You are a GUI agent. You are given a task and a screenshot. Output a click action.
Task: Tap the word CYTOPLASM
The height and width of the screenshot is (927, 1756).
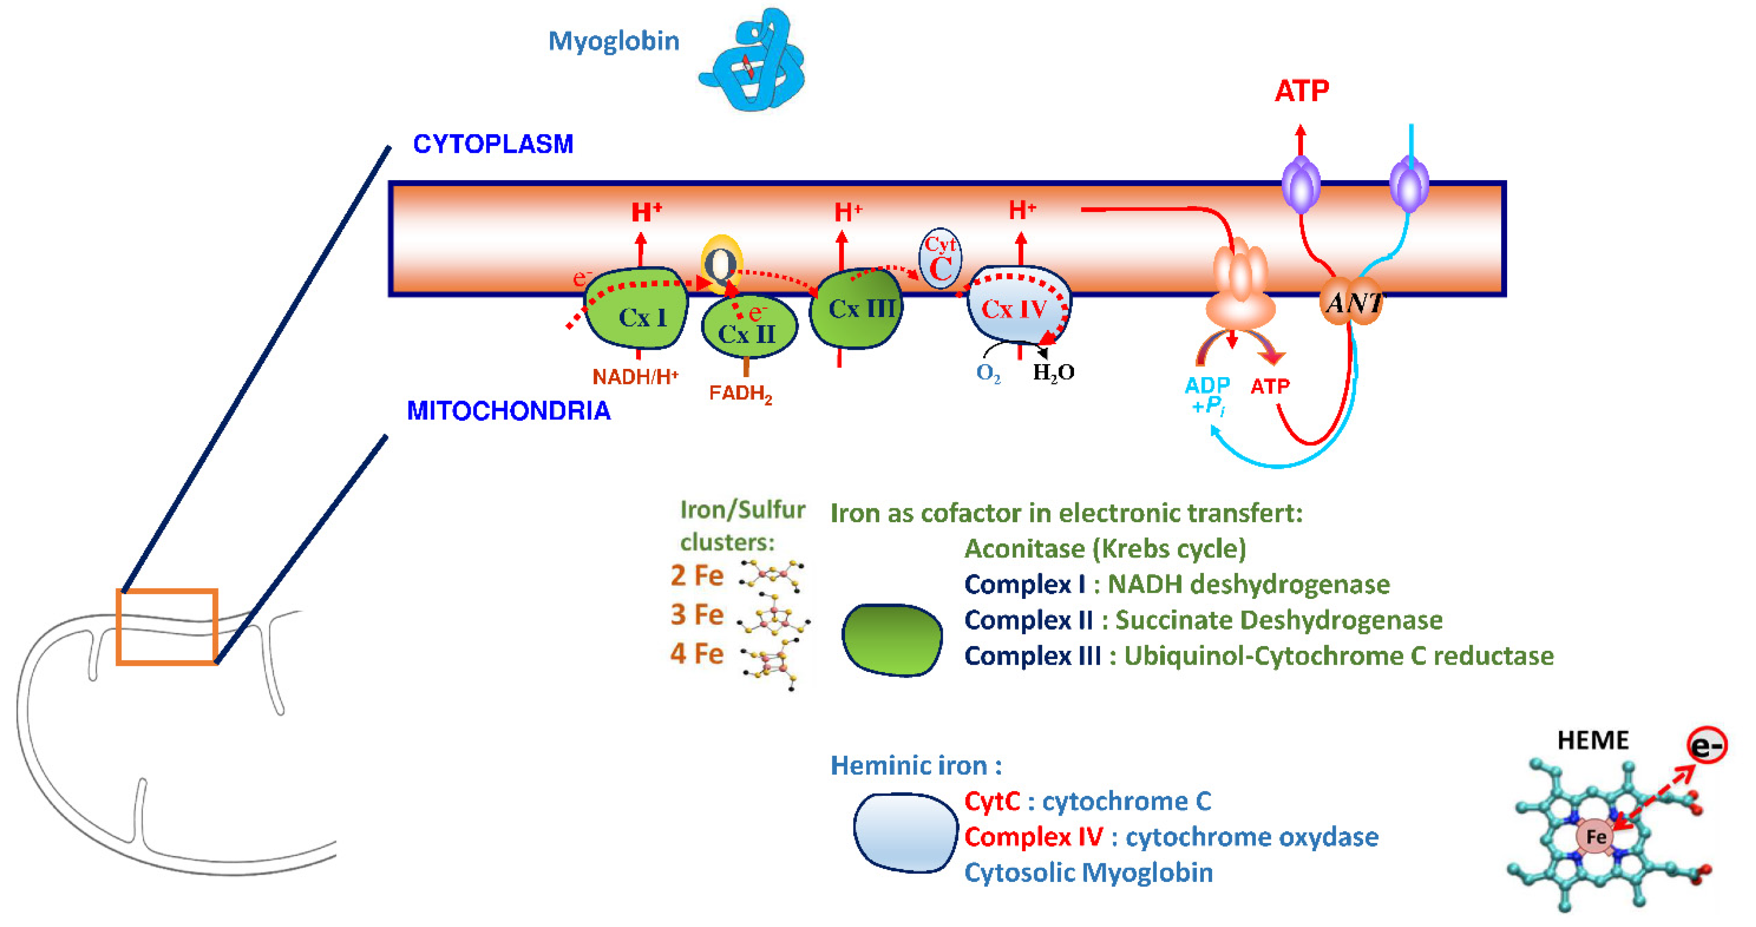[x=493, y=144]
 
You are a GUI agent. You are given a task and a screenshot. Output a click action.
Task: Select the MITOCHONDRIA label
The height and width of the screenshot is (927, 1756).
[x=508, y=410]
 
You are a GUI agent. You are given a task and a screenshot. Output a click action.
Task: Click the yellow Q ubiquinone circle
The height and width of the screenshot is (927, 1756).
[x=720, y=263]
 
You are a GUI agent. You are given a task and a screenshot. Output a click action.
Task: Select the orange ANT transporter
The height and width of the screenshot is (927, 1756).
[x=1352, y=301]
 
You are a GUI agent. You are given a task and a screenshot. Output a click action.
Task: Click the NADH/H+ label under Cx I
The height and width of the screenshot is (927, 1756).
[x=635, y=377]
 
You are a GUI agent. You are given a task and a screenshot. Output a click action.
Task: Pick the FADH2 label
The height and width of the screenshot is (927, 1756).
[x=740, y=394]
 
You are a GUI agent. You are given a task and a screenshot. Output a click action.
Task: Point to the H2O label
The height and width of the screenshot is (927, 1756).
[x=1053, y=372]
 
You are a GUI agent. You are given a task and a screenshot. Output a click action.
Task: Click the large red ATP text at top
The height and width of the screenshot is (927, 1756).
[x=1301, y=91]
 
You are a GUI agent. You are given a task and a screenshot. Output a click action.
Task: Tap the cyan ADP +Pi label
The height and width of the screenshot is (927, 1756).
[x=1207, y=395]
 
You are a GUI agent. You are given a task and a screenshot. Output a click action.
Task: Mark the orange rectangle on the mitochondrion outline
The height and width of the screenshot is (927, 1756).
[x=167, y=626]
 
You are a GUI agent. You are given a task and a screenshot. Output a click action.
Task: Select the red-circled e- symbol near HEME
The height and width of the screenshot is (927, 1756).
[x=1706, y=745]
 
